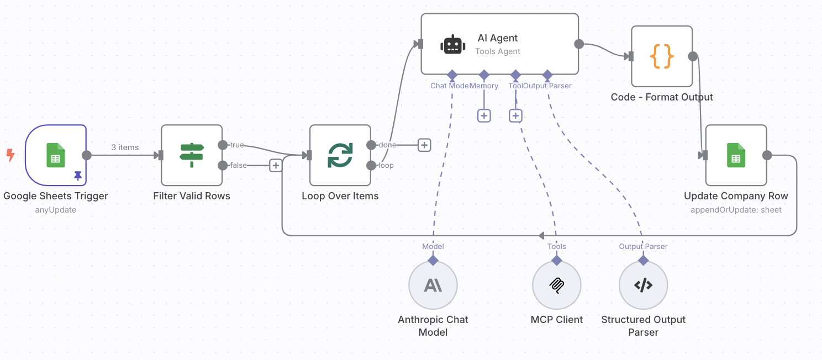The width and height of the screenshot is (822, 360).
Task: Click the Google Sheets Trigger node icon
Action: tap(55, 155)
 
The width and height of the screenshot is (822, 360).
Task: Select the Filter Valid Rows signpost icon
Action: tap(192, 155)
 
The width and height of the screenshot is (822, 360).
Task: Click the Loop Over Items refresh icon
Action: tap(340, 155)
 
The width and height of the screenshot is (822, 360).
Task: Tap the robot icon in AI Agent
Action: tap(452, 45)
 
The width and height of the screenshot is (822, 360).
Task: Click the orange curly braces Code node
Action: tap(662, 56)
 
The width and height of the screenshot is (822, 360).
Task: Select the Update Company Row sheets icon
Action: tap(736, 155)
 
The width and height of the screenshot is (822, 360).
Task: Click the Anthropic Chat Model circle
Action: tap(433, 285)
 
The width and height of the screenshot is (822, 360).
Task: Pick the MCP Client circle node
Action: tap(557, 285)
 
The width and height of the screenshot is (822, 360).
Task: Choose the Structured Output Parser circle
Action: tap(643, 285)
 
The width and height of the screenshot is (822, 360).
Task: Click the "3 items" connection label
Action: tap(125, 147)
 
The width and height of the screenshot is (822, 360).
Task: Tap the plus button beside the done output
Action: tap(424, 145)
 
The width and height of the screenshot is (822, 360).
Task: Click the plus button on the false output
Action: tap(276, 165)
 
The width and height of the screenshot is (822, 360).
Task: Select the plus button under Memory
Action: tap(484, 115)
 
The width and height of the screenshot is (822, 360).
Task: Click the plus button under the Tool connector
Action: tap(515, 115)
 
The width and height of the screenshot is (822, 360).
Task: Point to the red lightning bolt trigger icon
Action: tap(10, 155)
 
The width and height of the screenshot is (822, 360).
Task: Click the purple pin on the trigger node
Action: tap(78, 176)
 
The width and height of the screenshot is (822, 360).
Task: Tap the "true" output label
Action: tap(237, 145)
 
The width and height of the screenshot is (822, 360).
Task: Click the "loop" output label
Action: tap(387, 165)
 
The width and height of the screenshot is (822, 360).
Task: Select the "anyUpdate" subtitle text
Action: tap(55, 210)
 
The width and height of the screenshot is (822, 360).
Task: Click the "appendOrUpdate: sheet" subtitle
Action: tap(736, 210)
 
